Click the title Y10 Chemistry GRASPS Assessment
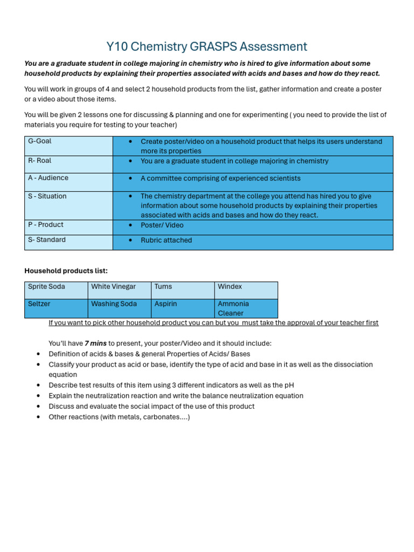pyautogui.click(x=207, y=47)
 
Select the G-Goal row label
pyautogui.click(x=40, y=141)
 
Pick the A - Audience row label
pyautogui.click(x=48, y=178)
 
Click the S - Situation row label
pyautogui.click(x=47, y=196)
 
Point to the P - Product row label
pyautogui.click(x=45, y=225)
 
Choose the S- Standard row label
pyautogui.click(x=46, y=240)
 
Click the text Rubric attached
pyautogui.click(x=166, y=240)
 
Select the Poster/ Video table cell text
pyautogui.click(x=162, y=225)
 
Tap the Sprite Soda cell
pyautogui.click(x=46, y=287)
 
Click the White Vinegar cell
pyautogui.click(x=113, y=287)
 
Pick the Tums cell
pyautogui.click(x=163, y=287)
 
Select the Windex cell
pyautogui.click(x=230, y=287)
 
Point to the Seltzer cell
pyautogui.click(x=39, y=304)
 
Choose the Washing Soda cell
pyautogui.click(x=114, y=304)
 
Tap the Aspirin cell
pyautogui.click(x=166, y=304)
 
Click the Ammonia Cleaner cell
pyautogui.click(x=233, y=308)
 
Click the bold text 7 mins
pyautogui.click(x=95, y=343)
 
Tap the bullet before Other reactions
pyautogui.click(x=38, y=417)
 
